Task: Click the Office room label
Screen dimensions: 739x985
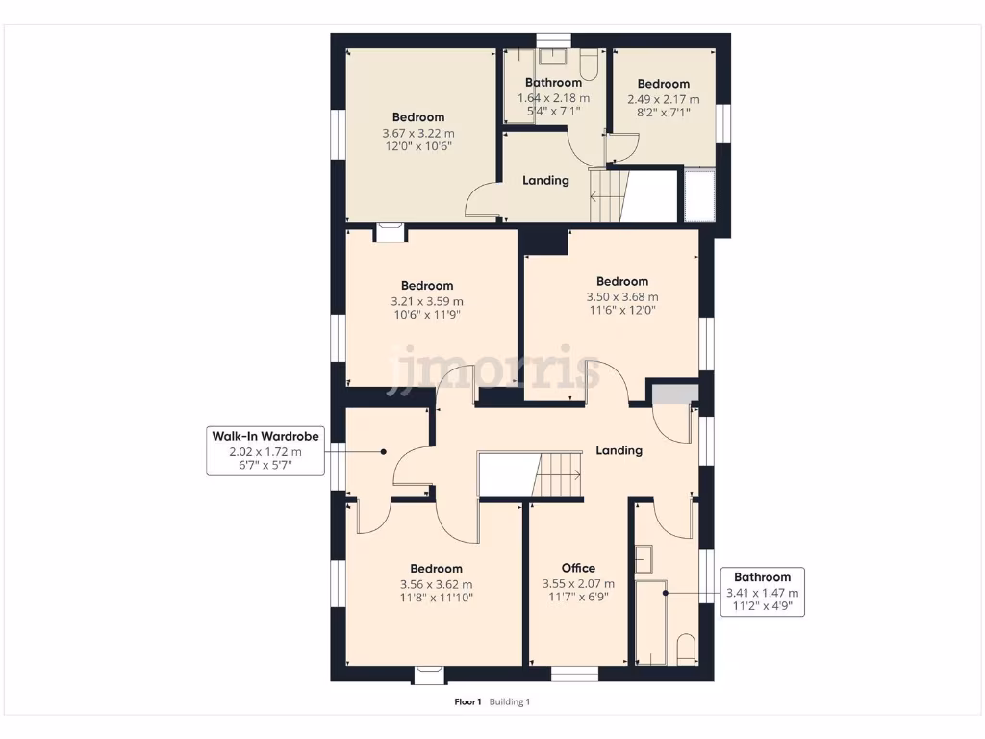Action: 578,568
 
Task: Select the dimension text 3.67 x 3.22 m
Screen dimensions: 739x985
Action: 417,133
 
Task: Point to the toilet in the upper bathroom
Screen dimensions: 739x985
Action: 591,64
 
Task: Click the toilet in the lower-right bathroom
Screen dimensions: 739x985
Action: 686,650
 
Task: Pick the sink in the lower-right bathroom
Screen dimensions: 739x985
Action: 644,559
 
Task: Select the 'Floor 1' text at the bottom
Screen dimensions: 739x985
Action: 468,702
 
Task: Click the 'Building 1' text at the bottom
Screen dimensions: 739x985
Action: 510,702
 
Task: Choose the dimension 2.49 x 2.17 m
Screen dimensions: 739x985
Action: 663,99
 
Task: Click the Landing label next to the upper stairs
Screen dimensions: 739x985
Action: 545,180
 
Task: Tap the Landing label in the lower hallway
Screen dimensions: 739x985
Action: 619,449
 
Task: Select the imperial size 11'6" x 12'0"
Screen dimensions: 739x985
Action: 622,311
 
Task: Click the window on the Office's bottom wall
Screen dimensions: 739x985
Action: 573,673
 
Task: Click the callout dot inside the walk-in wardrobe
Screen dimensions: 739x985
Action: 382,451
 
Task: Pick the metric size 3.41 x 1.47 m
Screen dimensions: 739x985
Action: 762,593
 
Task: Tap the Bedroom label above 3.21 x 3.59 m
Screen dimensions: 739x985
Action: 427,285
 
